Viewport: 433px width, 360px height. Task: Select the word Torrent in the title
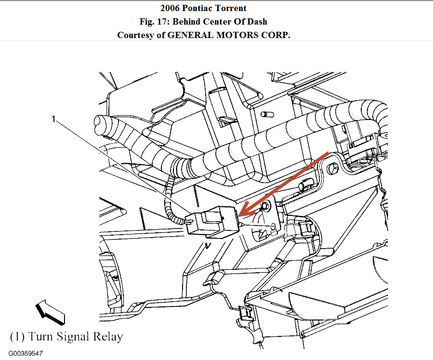click(x=232, y=9)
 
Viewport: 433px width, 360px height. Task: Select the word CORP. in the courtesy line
click(x=276, y=35)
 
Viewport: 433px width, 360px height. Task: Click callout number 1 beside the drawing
click(x=54, y=119)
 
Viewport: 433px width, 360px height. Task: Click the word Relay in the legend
click(x=108, y=336)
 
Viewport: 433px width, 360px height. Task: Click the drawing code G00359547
click(x=25, y=353)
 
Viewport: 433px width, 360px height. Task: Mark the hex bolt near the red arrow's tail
click(x=331, y=169)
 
